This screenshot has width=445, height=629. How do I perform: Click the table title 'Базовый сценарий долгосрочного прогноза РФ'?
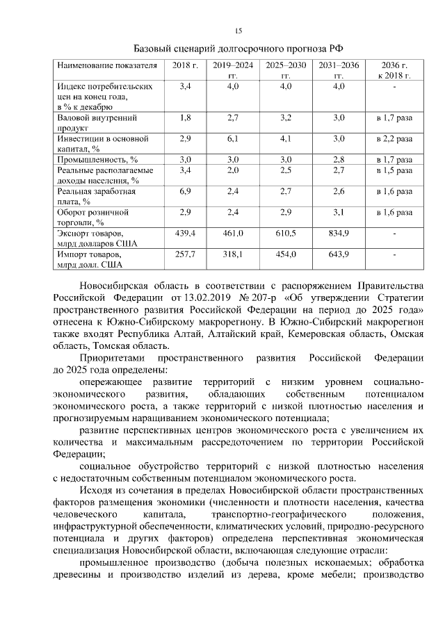tap(238, 49)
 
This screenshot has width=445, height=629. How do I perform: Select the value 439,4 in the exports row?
tap(185, 233)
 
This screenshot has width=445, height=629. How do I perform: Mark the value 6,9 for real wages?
tap(185, 190)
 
